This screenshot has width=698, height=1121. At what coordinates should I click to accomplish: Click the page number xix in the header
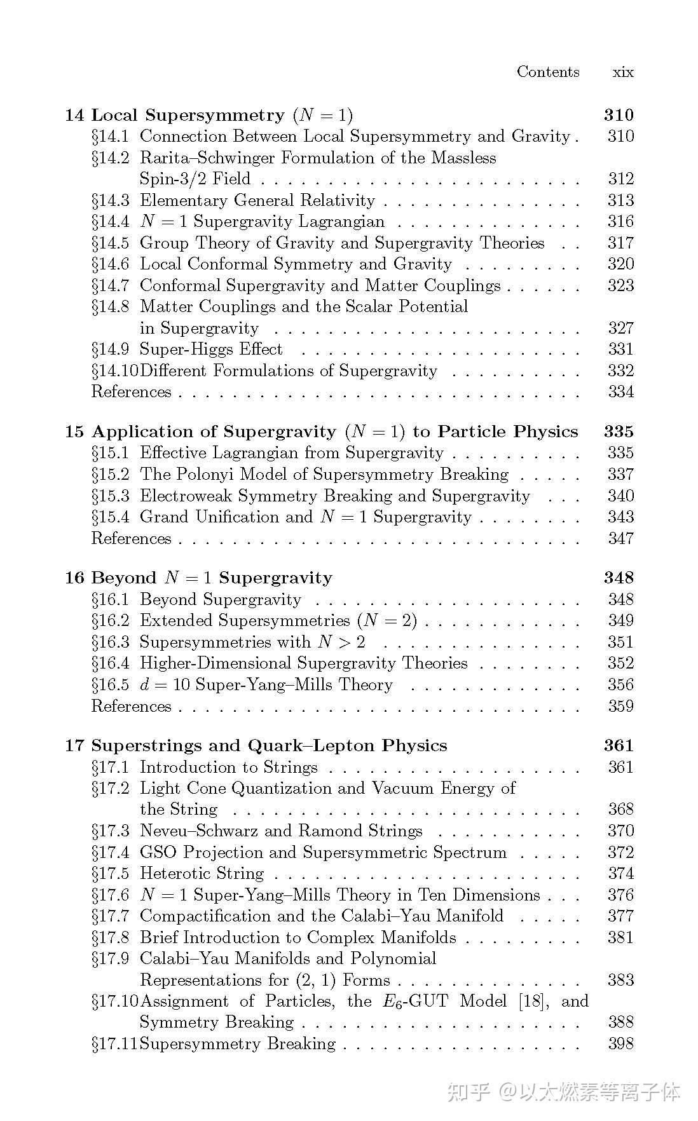[x=622, y=72]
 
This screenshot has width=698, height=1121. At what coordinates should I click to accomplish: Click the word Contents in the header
[x=548, y=72]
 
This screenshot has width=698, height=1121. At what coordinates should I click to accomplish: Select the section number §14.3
[x=111, y=201]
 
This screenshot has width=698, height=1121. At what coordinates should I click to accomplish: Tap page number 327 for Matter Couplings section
[x=620, y=329]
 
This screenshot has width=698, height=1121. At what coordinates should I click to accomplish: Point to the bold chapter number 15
[x=74, y=432]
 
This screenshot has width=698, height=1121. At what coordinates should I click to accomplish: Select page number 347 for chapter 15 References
[x=620, y=539]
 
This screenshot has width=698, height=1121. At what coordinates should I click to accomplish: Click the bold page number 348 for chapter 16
[x=619, y=578]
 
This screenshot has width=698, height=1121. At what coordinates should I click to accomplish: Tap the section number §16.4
[x=111, y=663]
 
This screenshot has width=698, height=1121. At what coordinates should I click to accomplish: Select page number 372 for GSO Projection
[x=620, y=853]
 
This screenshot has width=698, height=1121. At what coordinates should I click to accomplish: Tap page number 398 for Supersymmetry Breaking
[x=620, y=1044]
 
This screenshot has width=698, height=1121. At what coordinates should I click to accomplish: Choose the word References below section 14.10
[x=132, y=392]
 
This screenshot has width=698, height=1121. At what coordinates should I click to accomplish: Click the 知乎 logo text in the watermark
[x=469, y=1092]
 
